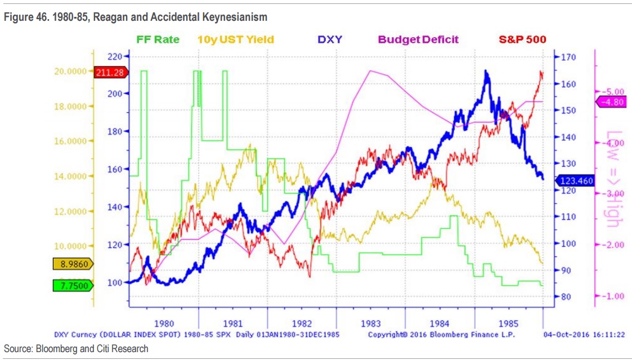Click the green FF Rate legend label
tap(158, 40)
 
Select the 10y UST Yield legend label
tap(236, 40)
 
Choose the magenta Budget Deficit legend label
tap(418, 40)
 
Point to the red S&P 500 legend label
tap(522, 40)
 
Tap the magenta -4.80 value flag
tap(611, 102)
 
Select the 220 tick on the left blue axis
tap(114, 57)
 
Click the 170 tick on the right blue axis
tap(567, 57)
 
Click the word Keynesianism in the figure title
tap(233, 17)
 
